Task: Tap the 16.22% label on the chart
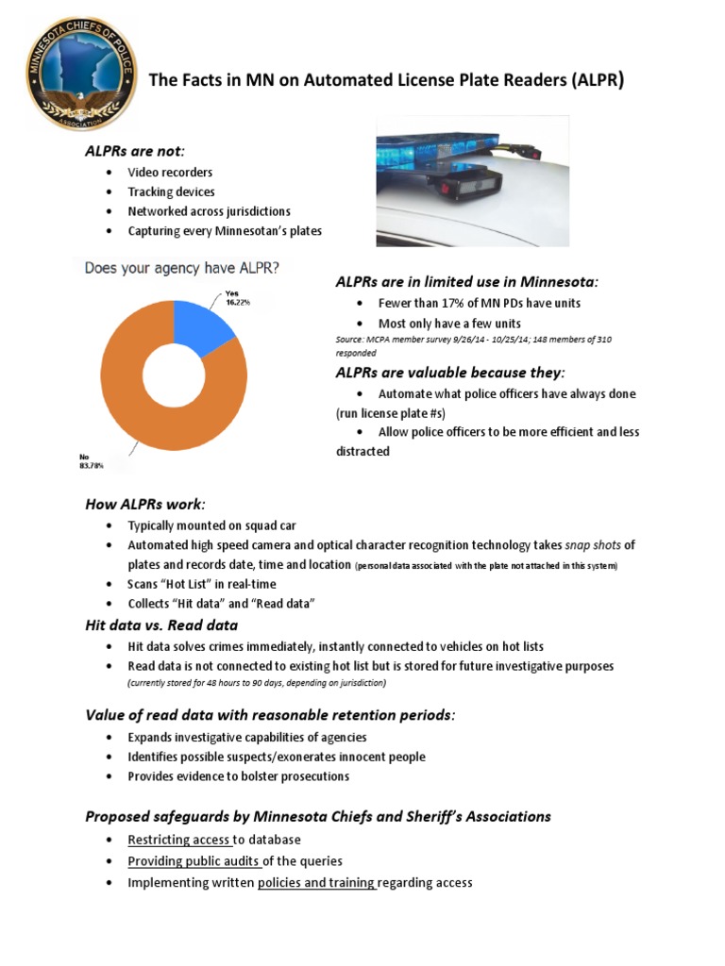tap(239, 304)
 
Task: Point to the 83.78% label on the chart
tap(91, 465)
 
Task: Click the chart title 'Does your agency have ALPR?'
tap(182, 268)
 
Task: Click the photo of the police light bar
tap(472, 180)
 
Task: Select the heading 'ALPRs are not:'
tap(135, 152)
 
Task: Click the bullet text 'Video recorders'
tap(170, 173)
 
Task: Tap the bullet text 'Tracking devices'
tap(172, 192)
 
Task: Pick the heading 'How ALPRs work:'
tap(145, 504)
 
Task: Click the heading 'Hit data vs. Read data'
tap(161, 625)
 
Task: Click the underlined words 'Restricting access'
tap(179, 840)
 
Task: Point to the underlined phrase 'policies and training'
tap(316, 883)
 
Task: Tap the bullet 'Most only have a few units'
tap(449, 323)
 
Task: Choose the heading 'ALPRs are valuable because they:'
tap(450, 372)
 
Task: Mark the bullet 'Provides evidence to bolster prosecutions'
tap(239, 776)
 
